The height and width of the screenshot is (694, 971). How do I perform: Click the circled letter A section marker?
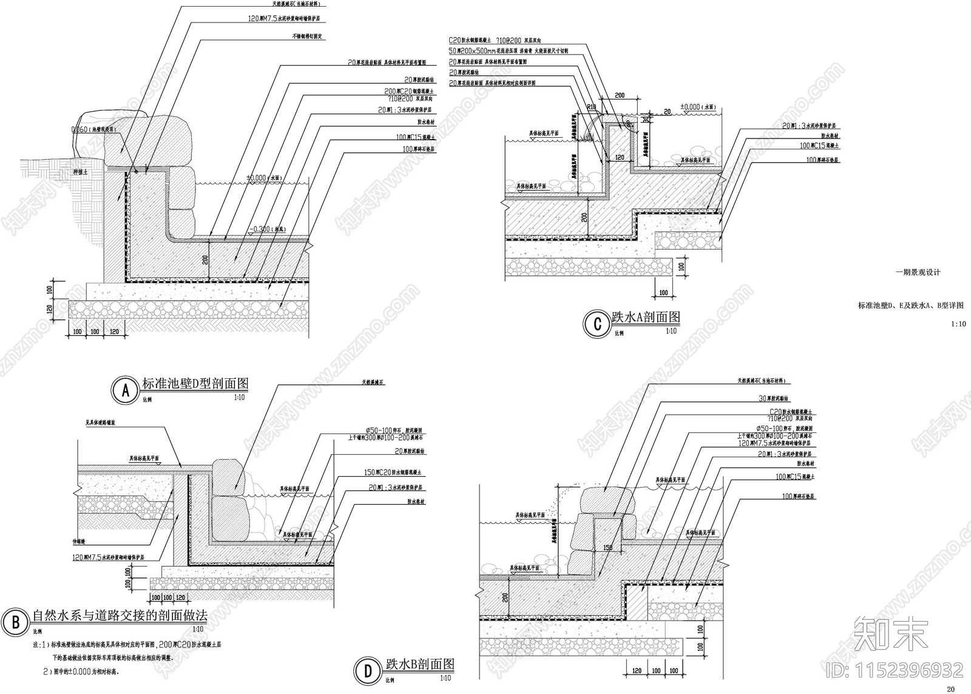click(126, 391)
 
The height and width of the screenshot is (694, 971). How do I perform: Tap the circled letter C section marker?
click(597, 324)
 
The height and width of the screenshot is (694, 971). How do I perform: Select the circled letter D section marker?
click(368, 670)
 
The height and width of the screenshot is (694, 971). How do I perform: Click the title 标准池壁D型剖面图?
click(195, 384)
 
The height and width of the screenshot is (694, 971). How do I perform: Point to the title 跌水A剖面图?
click(645, 317)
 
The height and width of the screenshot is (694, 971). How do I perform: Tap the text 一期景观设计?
click(918, 272)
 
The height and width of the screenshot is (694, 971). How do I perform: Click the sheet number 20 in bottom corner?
click(950, 689)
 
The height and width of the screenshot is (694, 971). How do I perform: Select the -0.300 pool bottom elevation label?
click(266, 230)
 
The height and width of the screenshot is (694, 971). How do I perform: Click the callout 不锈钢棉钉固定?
click(308, 36)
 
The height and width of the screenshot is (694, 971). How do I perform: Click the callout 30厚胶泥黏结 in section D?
click(773, 399)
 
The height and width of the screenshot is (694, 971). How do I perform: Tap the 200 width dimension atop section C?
click(620, 96)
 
